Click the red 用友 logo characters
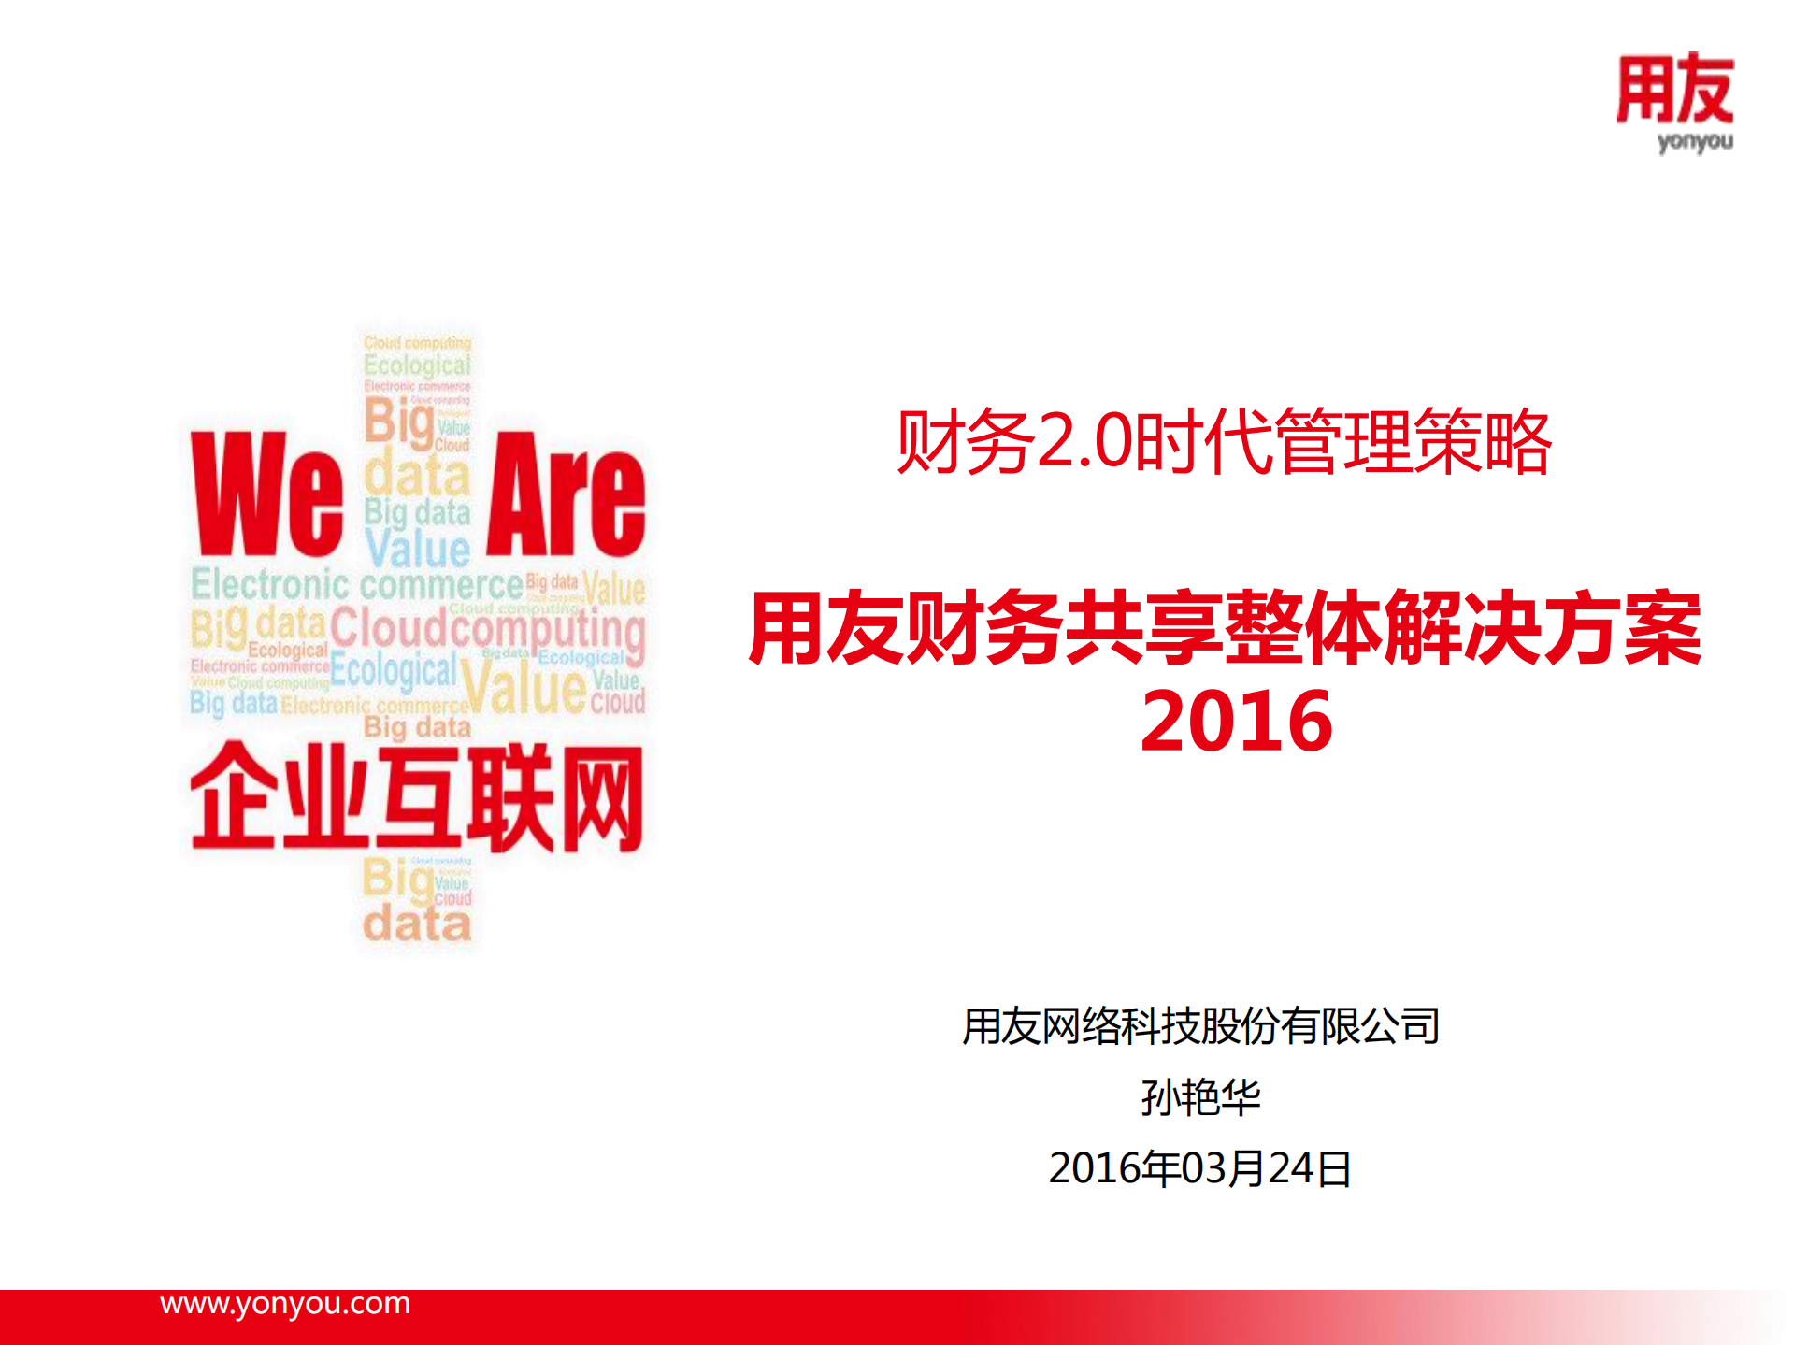tap(1674, 90)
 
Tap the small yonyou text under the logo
tap(1694, 142)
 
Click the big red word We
tap(267, 494)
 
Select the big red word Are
tap(566, 494)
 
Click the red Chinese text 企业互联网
tap(417, 799)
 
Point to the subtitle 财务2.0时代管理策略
tap(1224, 442)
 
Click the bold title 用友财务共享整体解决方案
tap(1225, 629)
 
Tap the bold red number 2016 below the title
tap(1236, 721)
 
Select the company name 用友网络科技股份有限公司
tap(1200, 1026)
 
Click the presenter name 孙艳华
tap(1200, 1097)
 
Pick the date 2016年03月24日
tap(1200, 1168)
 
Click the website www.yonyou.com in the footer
tap(285, 1303)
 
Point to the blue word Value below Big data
tap(418, 549)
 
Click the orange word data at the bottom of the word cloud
tap(417, 924)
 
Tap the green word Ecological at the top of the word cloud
tap(417, 365)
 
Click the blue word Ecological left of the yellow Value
tap(394, 670)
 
